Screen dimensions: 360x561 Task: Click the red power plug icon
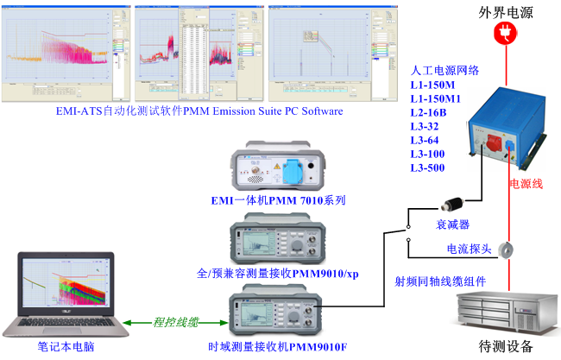pos(500,33)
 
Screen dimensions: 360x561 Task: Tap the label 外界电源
pos(500,11)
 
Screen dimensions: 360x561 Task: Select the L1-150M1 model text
pos(437,98)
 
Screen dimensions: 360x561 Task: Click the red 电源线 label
pos(526,184)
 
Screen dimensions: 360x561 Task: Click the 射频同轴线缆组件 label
pos(440,281)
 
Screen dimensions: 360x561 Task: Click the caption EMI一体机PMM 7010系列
pos(278,200)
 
